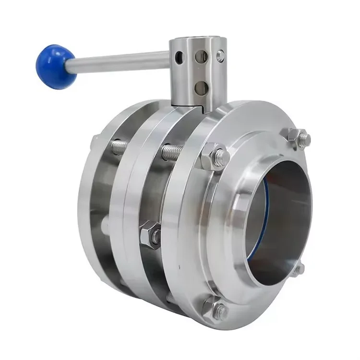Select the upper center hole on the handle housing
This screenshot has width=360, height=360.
[201, 57]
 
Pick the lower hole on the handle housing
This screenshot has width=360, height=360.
[202, 87]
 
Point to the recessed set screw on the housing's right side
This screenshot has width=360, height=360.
[220, 56]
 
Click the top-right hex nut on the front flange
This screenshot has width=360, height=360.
[299, 138]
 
